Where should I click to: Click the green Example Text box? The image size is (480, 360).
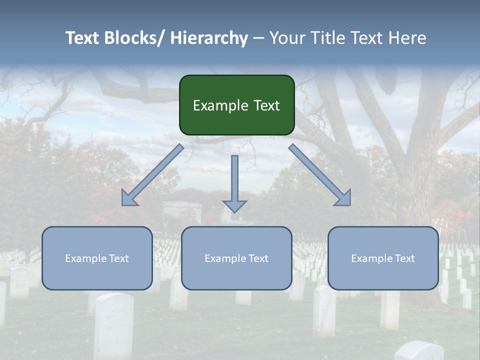point(236,105)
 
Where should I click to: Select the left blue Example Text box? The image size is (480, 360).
point(97,258)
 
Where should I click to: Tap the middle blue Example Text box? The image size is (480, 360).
point(236,258)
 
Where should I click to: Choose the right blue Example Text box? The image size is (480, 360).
point(383,258)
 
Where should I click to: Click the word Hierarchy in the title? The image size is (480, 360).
point(209,38)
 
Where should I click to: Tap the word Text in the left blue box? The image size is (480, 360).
point(119,258)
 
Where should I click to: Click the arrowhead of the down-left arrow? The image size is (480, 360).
point(128,198)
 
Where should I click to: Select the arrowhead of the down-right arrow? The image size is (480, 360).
point(344,198)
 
